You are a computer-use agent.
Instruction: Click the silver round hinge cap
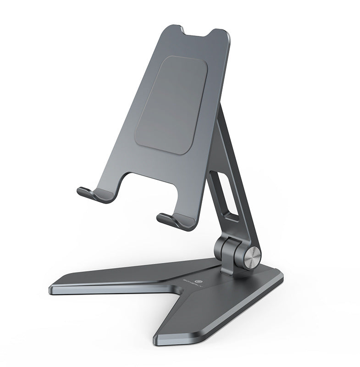point(253,258)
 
